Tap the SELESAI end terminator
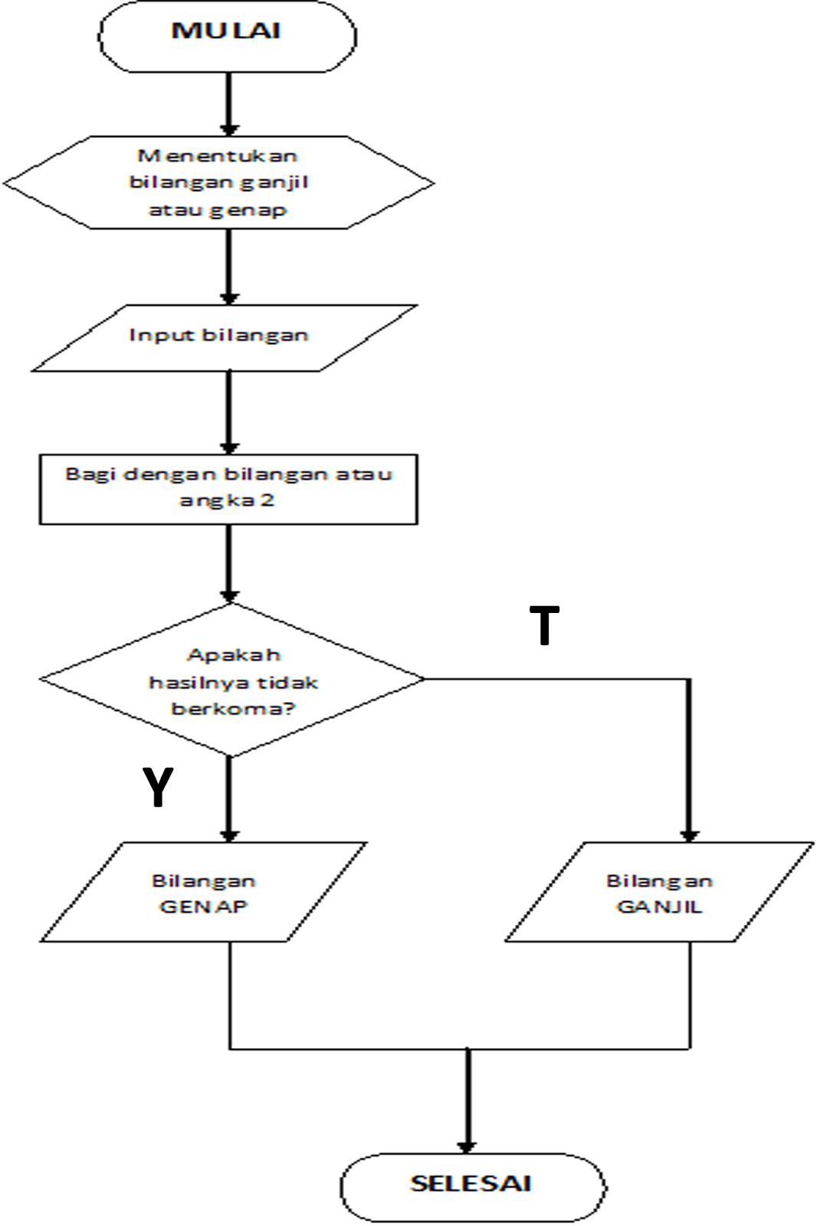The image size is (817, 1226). point(472,1185)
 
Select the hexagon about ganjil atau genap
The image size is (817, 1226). point(218,182)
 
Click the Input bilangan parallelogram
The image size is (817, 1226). point(222,337)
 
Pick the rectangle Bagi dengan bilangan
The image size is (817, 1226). point(228,489)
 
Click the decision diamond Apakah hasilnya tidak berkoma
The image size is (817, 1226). point(231,680)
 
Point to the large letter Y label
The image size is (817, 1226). point(158,787)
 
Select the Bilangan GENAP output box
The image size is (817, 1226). point(203,893)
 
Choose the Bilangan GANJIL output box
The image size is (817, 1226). point(659,893)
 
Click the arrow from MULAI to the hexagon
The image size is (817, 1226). point(228,103)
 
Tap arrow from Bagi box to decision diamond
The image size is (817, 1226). point(228,563)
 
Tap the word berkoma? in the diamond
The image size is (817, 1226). point(233,709)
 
